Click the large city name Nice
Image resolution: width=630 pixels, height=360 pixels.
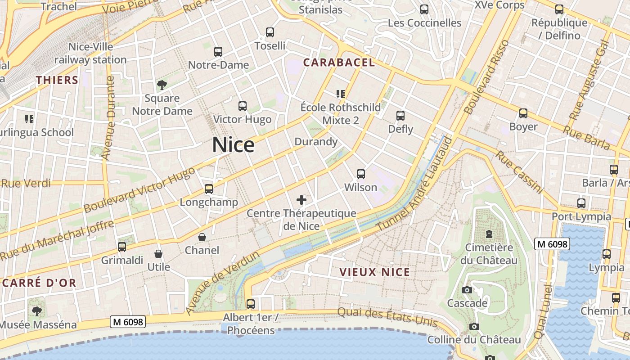(233, 145)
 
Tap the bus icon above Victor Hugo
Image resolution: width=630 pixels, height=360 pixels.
(243, 106)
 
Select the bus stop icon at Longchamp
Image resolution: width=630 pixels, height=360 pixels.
(209, 189)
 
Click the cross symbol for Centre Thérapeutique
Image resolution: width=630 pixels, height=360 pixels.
(301, 200)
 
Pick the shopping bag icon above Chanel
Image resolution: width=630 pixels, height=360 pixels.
(202, 237)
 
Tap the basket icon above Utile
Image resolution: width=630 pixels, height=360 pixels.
(158, 254)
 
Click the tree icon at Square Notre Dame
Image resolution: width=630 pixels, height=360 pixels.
(162, 85)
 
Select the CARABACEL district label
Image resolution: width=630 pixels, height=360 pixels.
(339, 63)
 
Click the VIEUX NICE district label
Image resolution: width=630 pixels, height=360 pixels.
(374, 272)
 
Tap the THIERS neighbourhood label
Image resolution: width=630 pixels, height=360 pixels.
(57, 80)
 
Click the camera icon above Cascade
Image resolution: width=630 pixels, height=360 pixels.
(467, 290)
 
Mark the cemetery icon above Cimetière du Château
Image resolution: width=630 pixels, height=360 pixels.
(489, 234)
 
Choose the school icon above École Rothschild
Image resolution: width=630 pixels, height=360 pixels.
(341, 94)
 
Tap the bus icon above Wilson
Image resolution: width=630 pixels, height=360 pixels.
(360, 174)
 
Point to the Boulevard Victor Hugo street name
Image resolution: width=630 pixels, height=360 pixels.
(139, 190)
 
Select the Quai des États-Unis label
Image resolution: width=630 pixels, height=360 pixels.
(387, 317)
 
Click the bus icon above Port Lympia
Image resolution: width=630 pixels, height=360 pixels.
(581, 203)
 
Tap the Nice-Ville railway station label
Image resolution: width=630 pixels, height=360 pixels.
(90, 53)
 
